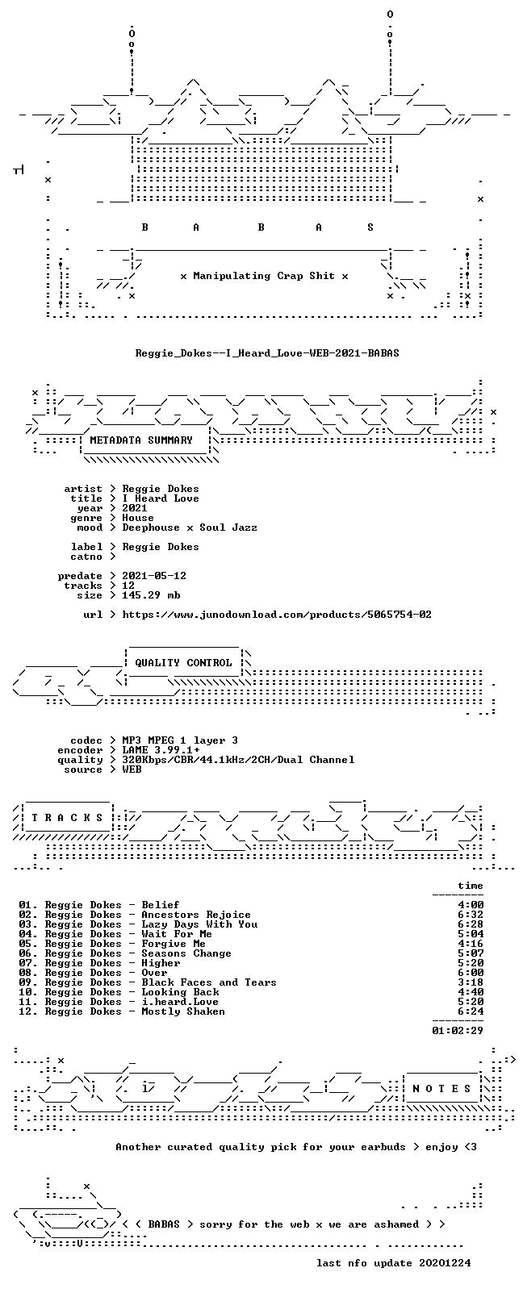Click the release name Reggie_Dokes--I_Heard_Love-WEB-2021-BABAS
(x=267, y=353)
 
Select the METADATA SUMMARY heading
(x=141, y=440)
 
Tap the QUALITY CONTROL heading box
(x=183, y=663)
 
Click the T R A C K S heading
(x=67, y=818)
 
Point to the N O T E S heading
(x=442, y=1089)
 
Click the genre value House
(x=138, y=518)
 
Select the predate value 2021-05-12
(x=154, y=576)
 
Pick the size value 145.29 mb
(x=151, y=595)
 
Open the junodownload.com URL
(x=277, y=615)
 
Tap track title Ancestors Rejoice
(x=196, y=915)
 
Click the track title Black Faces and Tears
(x=209, y=982)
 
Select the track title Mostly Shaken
(x=183, y=1011)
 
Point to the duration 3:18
(x=471, y=982)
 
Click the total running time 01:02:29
(x=458, y=1031)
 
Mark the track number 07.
(x=26, y=963)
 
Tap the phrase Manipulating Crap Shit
(x=264, y=276)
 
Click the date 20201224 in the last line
(x=445, y=1263)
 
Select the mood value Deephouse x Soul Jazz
(x=190, y=528)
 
